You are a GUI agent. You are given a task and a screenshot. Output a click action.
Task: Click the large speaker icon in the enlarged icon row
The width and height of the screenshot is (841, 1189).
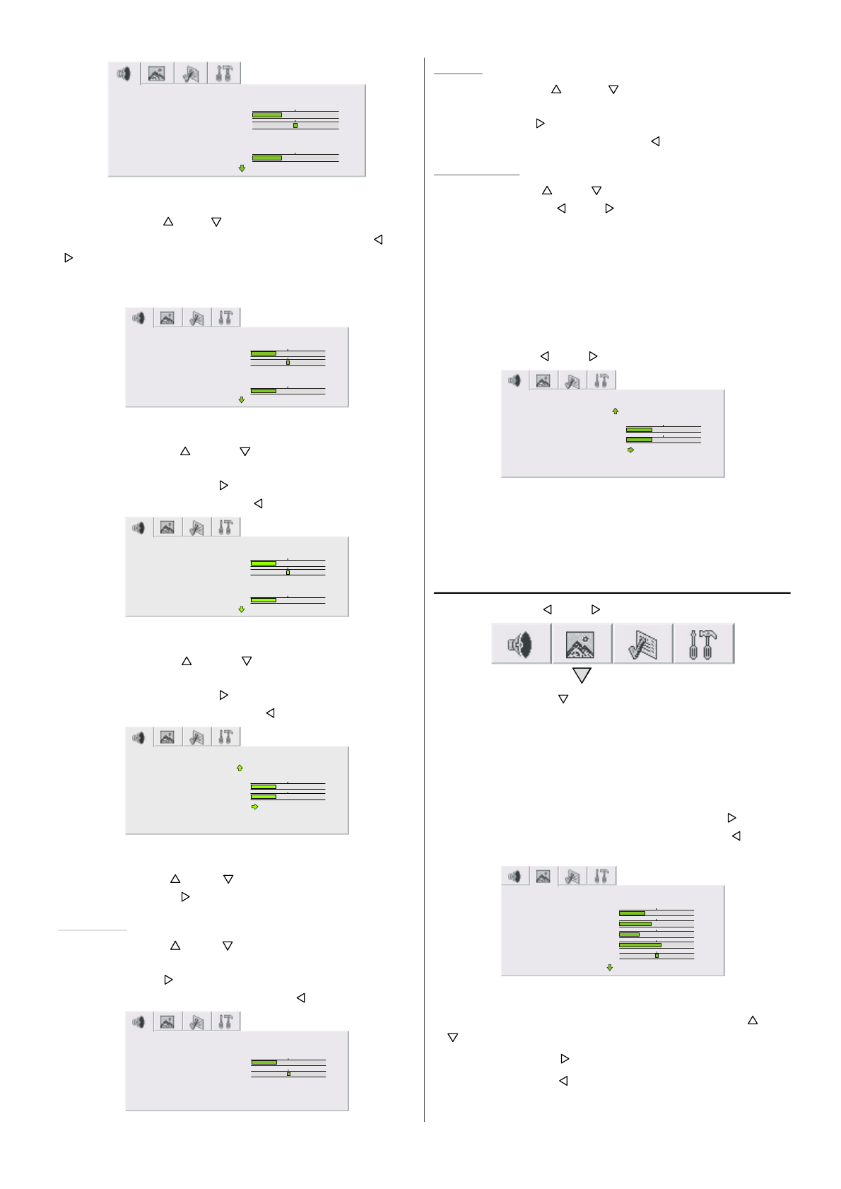click(521, 644)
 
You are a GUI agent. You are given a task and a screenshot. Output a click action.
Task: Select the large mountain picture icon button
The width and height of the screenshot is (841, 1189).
click(581, 644)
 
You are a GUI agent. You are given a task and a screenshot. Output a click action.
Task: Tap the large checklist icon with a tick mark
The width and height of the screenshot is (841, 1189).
click(642, 644)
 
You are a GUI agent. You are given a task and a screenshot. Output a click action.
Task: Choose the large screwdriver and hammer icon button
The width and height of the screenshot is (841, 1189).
click(703, 644)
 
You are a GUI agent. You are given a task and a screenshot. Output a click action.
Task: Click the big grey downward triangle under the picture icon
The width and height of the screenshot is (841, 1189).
click(582, 676)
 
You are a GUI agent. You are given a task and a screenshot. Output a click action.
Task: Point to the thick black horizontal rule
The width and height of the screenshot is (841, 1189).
click(611, 593)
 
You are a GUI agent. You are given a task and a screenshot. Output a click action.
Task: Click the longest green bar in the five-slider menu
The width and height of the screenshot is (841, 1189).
click(640, 945)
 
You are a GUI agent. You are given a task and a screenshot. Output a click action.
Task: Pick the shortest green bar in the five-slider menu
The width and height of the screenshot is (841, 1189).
click(629, 935)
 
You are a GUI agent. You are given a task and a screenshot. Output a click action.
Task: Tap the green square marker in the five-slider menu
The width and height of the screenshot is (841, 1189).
click(657, 956)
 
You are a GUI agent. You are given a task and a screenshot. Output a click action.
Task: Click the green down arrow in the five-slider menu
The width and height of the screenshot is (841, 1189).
click(610, 968)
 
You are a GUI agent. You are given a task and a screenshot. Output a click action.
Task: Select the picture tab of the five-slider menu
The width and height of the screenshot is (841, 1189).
click(543, 877)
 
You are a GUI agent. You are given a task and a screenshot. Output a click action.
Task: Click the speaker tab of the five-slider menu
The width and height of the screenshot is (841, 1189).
click(514, 877)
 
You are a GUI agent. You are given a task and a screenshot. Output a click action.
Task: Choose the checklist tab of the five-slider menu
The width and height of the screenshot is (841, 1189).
click(572, 877)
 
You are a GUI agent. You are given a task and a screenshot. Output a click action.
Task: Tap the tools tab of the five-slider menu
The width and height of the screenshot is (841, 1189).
click(601, 877)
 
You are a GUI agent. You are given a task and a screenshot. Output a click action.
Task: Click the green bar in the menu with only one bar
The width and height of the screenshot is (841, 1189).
click(264, 1062)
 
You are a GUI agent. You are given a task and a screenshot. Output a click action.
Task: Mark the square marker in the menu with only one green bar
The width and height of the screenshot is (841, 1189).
click(288, 1074)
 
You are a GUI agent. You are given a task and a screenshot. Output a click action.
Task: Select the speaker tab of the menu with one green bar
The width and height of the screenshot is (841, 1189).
click(139, 1022)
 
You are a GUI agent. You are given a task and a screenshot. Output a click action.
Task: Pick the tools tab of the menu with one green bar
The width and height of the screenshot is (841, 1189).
click(225, 1022)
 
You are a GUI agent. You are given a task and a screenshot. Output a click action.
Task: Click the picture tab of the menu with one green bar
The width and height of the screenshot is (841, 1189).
click(167, 1022)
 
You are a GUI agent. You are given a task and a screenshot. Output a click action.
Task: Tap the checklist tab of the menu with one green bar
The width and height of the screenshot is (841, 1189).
click(196, 1022)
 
